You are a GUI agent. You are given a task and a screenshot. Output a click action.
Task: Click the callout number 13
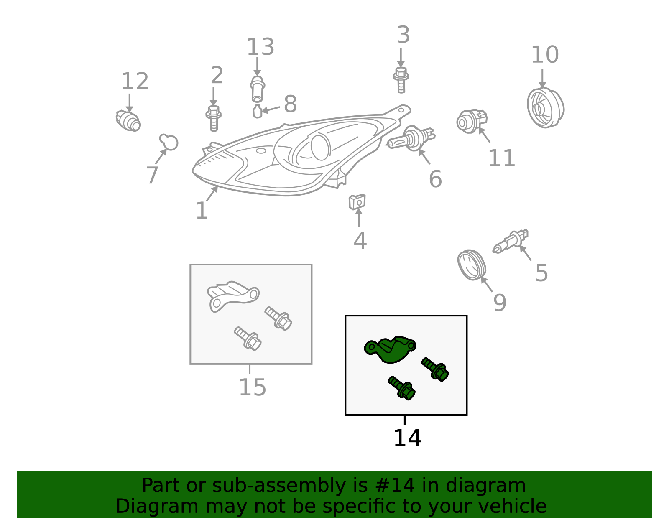pos(260,47)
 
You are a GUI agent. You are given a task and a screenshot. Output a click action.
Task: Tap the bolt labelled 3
pos(401,80)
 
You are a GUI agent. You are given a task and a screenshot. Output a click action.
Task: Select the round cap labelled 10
pos(545,108)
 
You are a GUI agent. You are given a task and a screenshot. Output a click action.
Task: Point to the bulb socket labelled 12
pos(128,121)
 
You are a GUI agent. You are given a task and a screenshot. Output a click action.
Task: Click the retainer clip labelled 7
pos(169,142)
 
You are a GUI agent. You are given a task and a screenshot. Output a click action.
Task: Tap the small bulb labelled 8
pos(257,111)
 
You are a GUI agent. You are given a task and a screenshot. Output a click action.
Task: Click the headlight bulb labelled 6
pos(411,138)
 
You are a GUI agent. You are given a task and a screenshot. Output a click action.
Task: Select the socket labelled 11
pos(471,121)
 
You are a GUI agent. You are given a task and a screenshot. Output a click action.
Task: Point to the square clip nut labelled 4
pos(357,202)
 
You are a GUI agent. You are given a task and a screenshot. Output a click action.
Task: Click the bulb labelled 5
pos(511,242)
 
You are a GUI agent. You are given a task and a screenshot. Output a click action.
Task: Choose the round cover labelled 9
pos(471,265)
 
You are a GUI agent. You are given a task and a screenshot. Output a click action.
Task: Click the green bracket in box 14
pos(390,350)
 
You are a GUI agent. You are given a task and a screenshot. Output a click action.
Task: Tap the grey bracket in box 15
pos(233,296)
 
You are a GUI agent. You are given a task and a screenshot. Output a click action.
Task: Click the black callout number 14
pos(407,438)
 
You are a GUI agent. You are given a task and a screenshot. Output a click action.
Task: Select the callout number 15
pos(253,387)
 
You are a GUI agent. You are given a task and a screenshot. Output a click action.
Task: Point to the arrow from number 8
pos(271,109)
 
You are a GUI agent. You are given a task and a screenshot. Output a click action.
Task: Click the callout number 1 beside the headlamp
pos(202,211)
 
